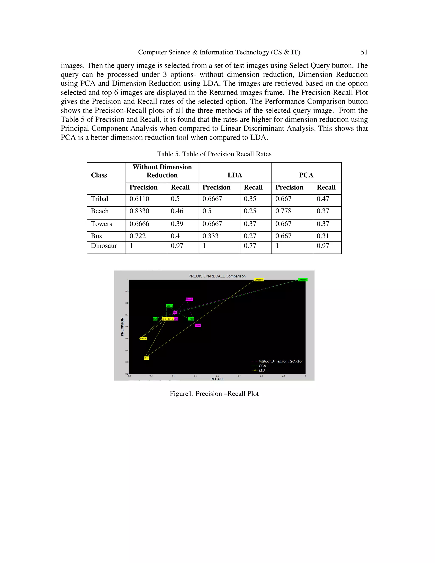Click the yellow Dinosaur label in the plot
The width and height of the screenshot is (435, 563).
pyautogui.click(x=259, y=280)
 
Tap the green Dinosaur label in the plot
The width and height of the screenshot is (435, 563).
pyautogui.click(x=303, y=280)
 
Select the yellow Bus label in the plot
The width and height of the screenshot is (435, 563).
pyautogui.click(x=146, y=358)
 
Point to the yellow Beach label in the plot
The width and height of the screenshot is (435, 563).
pyautogui.click(x=143, y=338)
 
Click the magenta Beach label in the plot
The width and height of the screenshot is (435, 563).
pyautogui.click(x=189, y=299)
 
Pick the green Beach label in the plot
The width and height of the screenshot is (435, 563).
pyautogui.click(x=169, y=306)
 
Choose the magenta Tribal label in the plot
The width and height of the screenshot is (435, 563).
pyautogui.click(x=198, y=325)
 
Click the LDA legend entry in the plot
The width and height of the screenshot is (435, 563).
pyautogui.click(x=262, y=370)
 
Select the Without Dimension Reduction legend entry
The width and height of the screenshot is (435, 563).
pyautogui.click(x=281, y=361)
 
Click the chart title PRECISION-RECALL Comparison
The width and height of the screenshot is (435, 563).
pyautogui.click(x=217, y=276)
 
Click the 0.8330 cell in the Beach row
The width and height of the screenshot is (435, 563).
pyautogui.click(x=139, y=211)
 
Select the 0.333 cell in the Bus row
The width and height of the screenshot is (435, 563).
pyautogui.click(x=210, y=236)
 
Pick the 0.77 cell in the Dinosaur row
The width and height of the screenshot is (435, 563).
pyautogui.click(x=250, y=246)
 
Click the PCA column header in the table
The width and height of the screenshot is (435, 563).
pyautogui.click(x=306, y=175)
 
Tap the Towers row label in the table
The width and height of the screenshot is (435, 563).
pyautogui.click(x=101, y=224)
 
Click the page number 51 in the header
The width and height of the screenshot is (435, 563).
pyautogui.click(x=364, y=52)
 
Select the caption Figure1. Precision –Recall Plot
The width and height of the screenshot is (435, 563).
pyautogui.click(x=214, y=394)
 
